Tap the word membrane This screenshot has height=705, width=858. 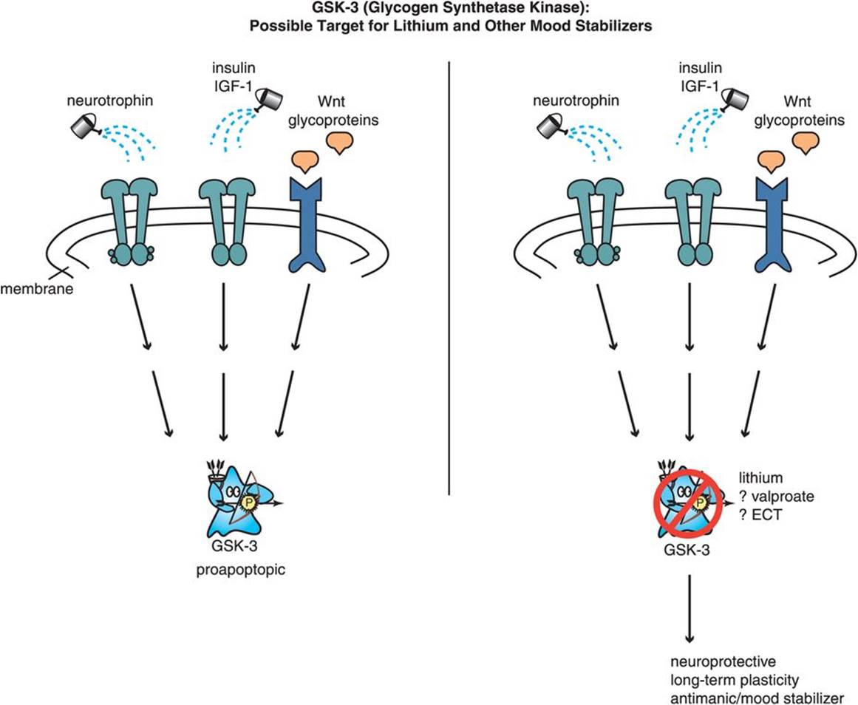click(36, 289)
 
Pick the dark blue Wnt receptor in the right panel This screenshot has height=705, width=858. click(772, 222)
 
